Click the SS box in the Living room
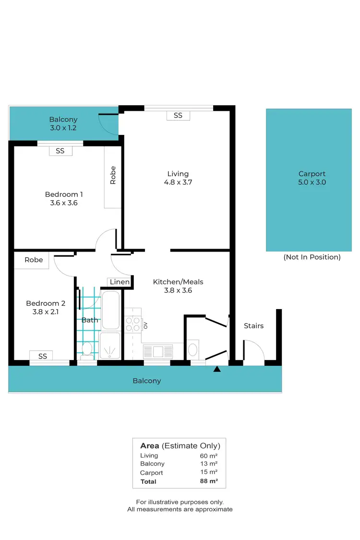pos(178,115)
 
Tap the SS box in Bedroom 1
pos(60,151)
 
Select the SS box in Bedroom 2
pos(43,356)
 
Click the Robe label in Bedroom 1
pos(113,175)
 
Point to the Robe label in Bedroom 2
pos(34,260)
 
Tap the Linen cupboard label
pos(120,282)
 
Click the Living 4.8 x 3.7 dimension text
pos(178,178)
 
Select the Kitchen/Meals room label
pos(178,282)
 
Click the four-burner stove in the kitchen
pos(132,325)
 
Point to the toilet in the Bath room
pos(87,349)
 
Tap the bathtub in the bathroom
pos(111,310)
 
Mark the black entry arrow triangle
pos(217,369)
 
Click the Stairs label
pos(253,326)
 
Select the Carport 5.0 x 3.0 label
pos(312,178)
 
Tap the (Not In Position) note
pos(312,257)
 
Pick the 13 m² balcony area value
pos(209,464)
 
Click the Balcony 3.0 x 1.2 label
pos(63,124)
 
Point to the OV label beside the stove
pos(145,325)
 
